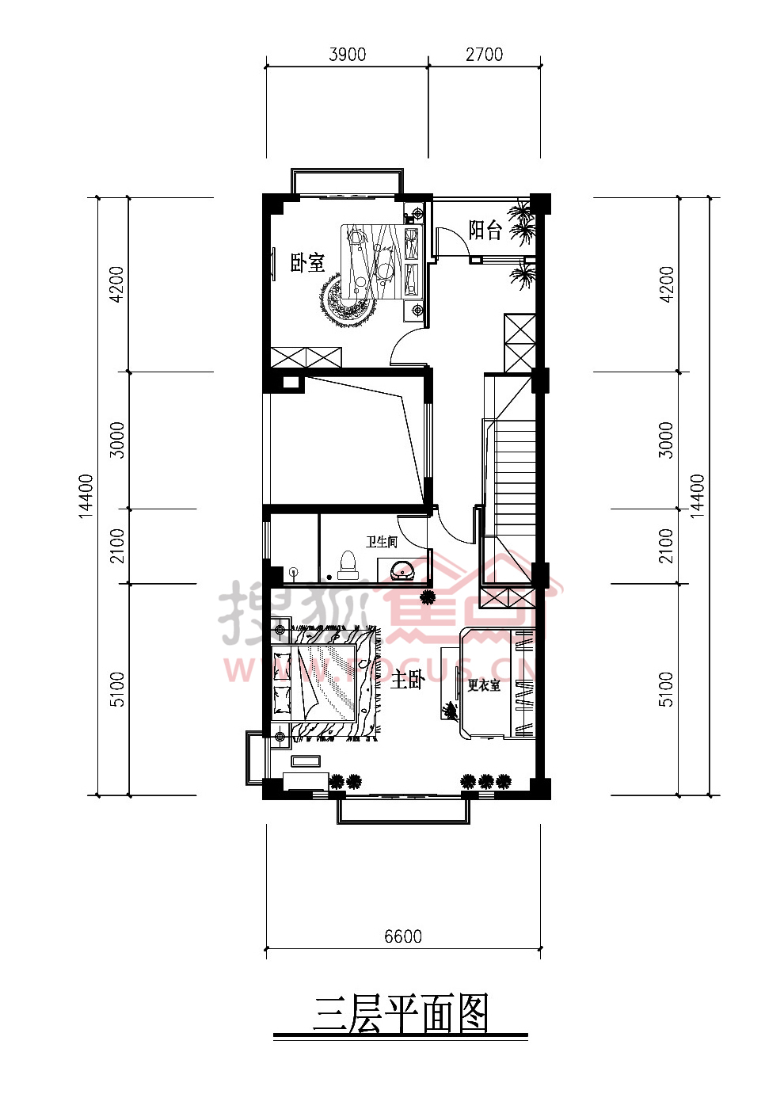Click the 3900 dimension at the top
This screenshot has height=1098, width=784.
(347, 54)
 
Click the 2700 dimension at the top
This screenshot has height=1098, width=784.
(484, 54)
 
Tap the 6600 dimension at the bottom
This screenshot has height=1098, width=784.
(403, 936)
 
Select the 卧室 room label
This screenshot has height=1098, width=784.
(307, 263)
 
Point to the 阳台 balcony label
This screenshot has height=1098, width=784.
(485, 230)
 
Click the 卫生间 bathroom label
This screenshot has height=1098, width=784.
(381, 542)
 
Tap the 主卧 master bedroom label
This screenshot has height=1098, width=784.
(407, 680)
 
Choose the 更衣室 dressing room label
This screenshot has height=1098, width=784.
(484, 684)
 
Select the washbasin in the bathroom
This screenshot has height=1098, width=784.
(402, 570)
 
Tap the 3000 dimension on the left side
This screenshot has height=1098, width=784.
(117, 440)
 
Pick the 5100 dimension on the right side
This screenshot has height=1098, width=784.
(667, 689)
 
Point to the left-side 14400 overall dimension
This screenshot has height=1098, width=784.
(86, 496)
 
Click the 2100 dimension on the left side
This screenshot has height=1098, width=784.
(117, 546)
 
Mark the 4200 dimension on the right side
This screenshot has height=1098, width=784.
(667, 284)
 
